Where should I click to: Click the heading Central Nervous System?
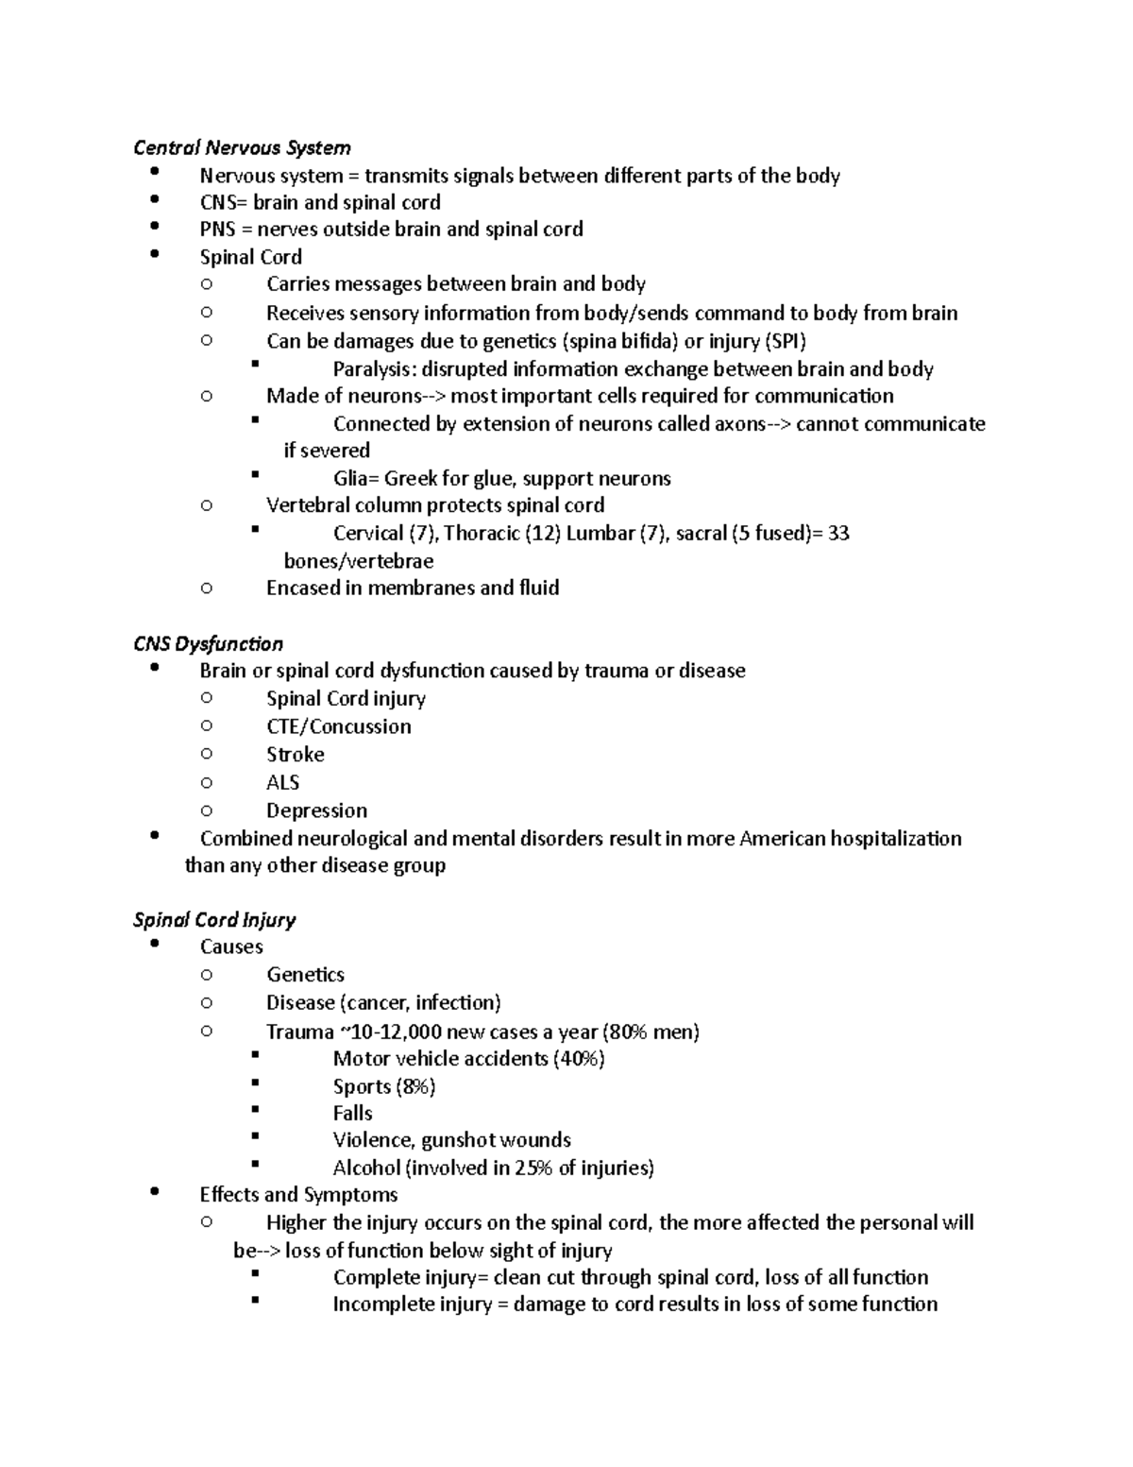coord(242,147)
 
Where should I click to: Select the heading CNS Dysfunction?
coord(208,643)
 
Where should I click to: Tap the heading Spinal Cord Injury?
coord(214,919)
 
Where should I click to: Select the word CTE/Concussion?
coord(338,726)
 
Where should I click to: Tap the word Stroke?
coord(295,754)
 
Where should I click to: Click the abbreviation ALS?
coord(282,782)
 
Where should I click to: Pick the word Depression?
coord(316,810)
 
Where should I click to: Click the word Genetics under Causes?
coord(305,974)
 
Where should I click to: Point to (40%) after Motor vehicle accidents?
coord(579,1058)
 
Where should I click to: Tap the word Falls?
coord(352,1113)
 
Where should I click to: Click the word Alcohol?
coord(366,1168)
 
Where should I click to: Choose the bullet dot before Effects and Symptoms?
coord(156,1193)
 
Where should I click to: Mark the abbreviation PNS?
coord(217,229)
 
